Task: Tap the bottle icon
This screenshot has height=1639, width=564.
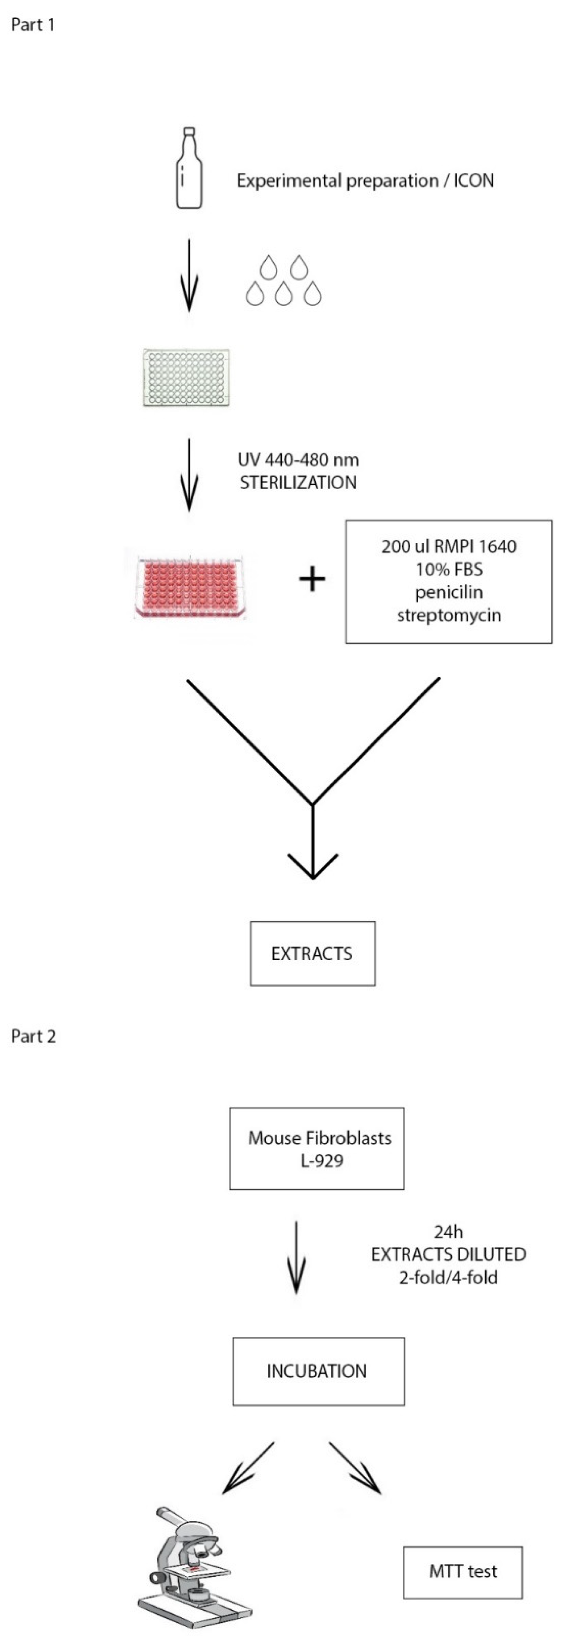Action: tap(189, 168)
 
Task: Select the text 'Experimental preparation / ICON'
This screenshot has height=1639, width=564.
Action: tap(365, 181)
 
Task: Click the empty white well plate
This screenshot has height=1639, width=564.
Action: tap(186, 377)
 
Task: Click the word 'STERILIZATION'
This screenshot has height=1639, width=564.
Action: tap(298, 482)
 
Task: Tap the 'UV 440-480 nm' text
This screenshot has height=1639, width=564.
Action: tap(298, 459)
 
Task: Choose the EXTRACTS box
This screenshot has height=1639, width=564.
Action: tap(312, 953)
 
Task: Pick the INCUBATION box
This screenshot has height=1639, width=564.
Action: tap(318, 1371)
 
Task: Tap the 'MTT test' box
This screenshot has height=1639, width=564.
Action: tap(463, 1572)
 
